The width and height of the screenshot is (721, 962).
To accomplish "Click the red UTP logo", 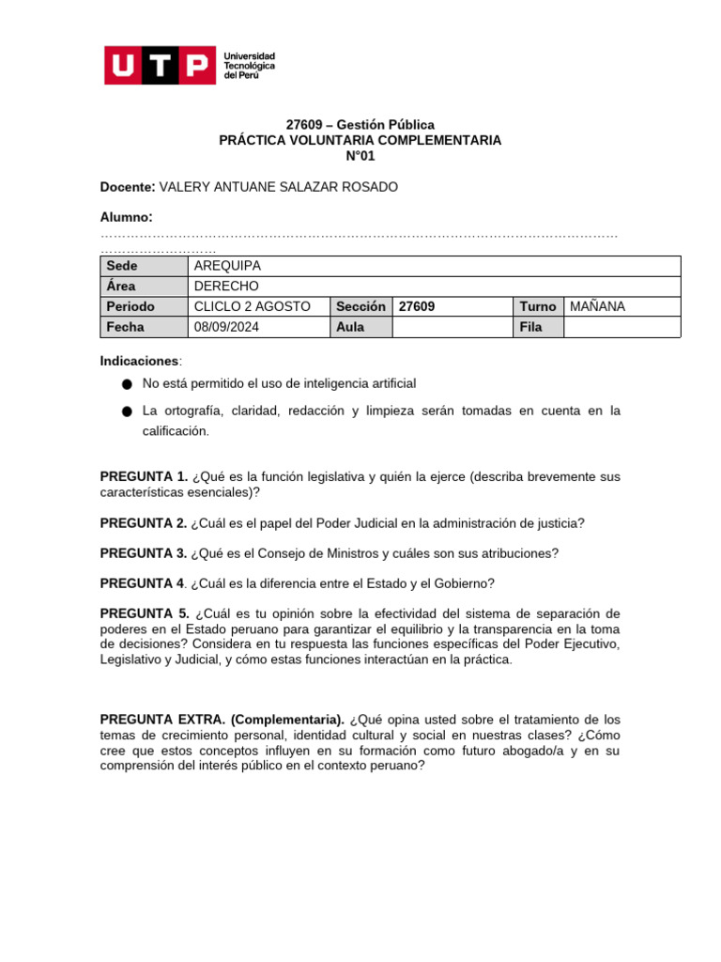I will coord(158,65).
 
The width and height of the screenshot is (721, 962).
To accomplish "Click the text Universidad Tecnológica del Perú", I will coord(249,66).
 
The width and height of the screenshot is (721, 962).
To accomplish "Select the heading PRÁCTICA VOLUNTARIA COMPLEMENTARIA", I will coord(360,140).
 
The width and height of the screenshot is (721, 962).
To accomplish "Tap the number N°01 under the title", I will coord(360,156).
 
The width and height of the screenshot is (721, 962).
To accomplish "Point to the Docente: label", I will coord(129,187).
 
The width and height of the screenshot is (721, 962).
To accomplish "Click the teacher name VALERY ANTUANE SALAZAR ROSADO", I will coord(279,187).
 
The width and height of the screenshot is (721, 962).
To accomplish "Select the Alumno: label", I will coord(126,218).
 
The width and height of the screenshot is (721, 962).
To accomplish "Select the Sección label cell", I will coord(360,306).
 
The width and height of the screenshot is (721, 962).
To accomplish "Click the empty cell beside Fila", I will coord(621,327).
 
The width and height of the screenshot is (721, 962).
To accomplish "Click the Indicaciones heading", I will coord(139,361).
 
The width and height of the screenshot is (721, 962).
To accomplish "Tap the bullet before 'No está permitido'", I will coord(127,384).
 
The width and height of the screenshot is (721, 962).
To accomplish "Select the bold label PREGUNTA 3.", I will coord(144,553).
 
